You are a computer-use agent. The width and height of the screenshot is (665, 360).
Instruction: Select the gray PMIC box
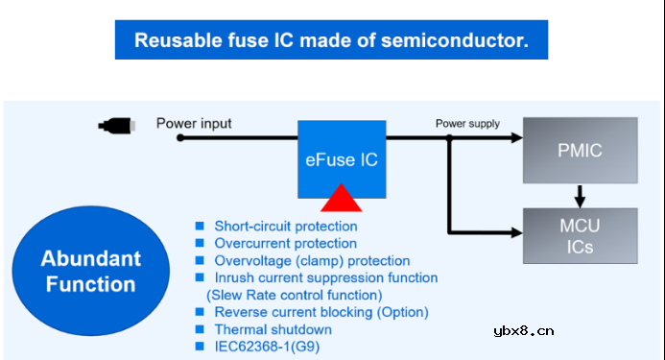[x=580, y=151]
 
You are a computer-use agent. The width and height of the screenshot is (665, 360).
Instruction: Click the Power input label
[x=194, y=123]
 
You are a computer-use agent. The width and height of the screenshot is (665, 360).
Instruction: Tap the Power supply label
[x=467, y=123]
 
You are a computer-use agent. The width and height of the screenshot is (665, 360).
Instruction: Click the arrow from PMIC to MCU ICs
[x=580, y=195]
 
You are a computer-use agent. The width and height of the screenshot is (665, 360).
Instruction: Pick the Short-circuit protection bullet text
[x=285, y=227]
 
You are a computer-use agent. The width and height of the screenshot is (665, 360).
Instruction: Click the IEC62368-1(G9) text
[x=273, y=347]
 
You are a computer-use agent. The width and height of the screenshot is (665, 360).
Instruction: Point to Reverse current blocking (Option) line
[x=321, y=312]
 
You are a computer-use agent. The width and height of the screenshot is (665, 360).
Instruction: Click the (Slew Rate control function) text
[x=294, y=295]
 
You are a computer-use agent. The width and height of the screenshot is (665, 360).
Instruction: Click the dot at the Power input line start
[x=179, y=138]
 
